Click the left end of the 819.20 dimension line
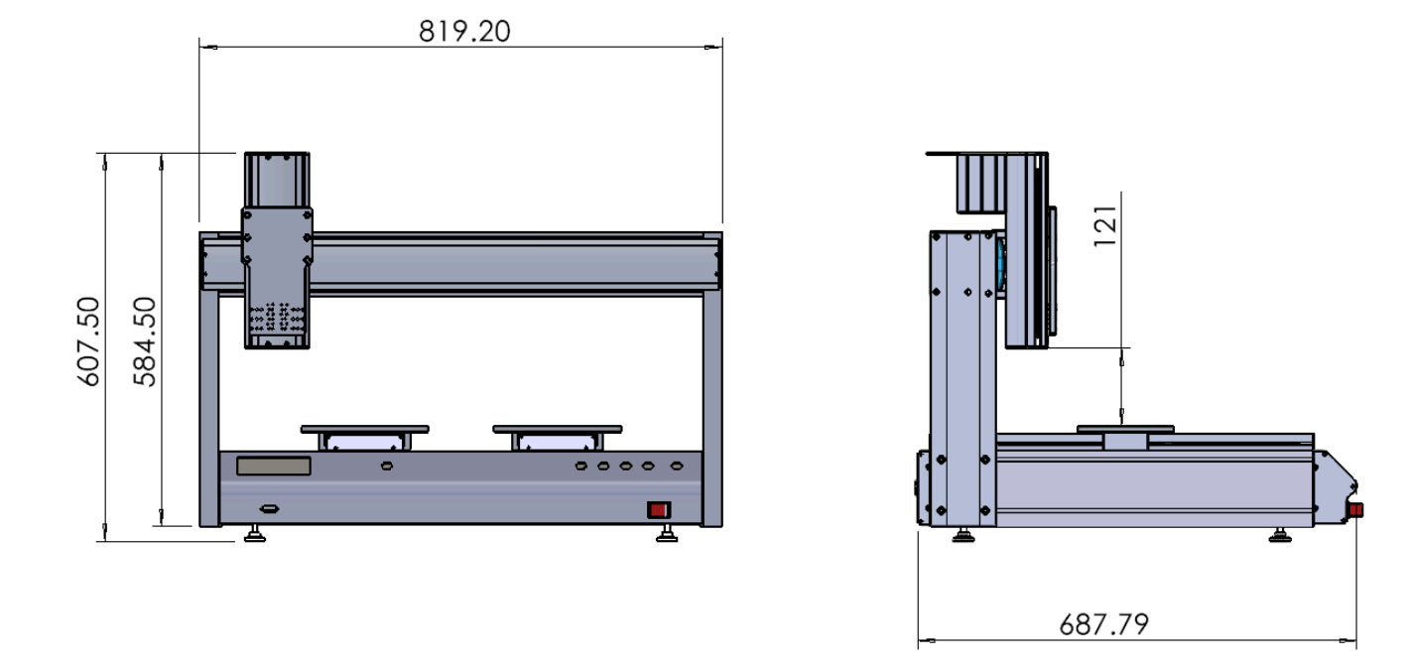199,47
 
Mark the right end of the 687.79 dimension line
1356,640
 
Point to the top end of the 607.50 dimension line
104,154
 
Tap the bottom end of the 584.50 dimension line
162,525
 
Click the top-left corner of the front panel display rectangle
237,458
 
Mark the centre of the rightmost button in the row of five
676,466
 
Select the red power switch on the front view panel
659,510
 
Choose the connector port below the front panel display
269,508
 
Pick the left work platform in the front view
364,438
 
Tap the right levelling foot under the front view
667,534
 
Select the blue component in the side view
1000,265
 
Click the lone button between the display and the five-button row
387,466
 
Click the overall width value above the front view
464,32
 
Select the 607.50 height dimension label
88,341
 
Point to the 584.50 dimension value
145,341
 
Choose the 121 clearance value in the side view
1105,225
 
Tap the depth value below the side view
1103,624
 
